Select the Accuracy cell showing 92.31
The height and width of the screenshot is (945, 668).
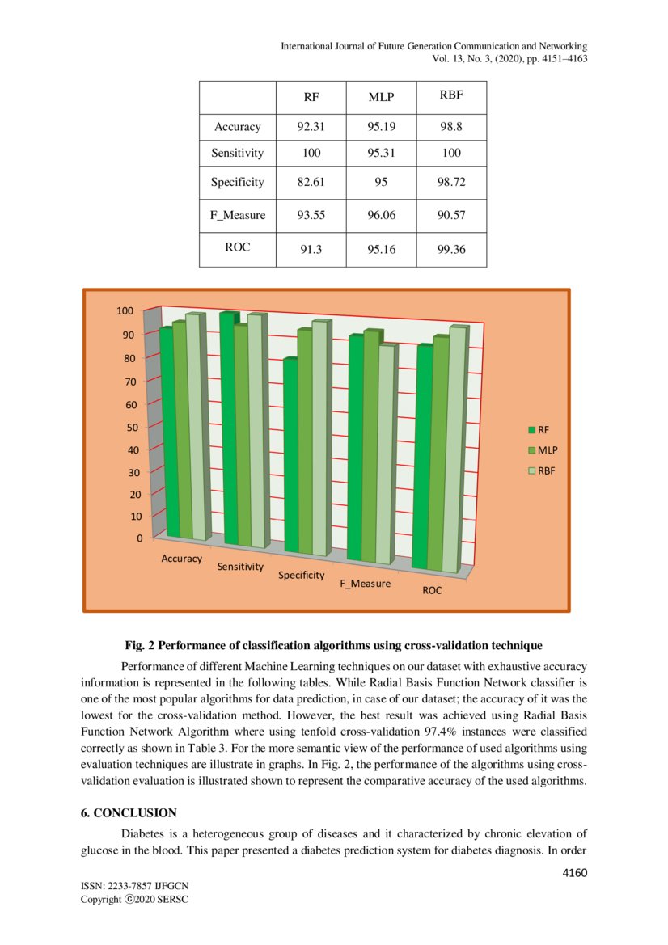[311, 127]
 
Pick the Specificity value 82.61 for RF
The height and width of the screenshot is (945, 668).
[311, 183]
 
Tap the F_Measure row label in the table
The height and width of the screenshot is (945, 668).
[237, 216]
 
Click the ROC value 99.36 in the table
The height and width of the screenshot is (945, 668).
[451, 251]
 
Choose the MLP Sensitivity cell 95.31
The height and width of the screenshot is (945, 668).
[381, 153]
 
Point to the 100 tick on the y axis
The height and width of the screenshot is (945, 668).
[124, 310]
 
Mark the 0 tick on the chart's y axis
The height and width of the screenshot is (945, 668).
[139, 538]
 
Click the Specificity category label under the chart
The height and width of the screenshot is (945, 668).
[301, 576]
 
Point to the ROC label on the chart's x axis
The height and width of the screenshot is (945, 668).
[432, 591]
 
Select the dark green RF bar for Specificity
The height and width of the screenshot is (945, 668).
[290, 457]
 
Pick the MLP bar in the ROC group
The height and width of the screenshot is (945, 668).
[440, 453]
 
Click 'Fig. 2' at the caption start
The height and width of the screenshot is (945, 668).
[140, 646]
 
